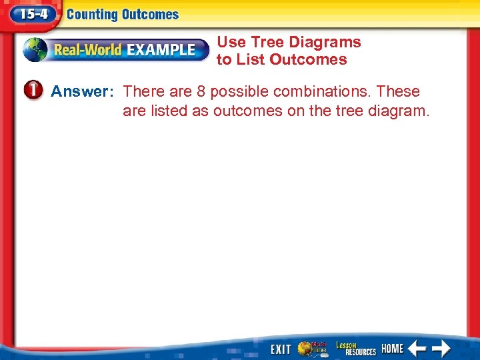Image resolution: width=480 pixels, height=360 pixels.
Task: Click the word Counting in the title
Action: pos(93,14)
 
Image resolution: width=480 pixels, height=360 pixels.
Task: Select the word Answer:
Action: pos(83,91)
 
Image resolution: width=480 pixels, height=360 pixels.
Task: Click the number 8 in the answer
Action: pos(201,91)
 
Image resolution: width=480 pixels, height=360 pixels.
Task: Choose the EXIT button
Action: pos(281,349)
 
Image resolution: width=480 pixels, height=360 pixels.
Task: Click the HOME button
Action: pos(392,348)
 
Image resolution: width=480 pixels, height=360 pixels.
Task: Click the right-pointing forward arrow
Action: pos(441,348)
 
